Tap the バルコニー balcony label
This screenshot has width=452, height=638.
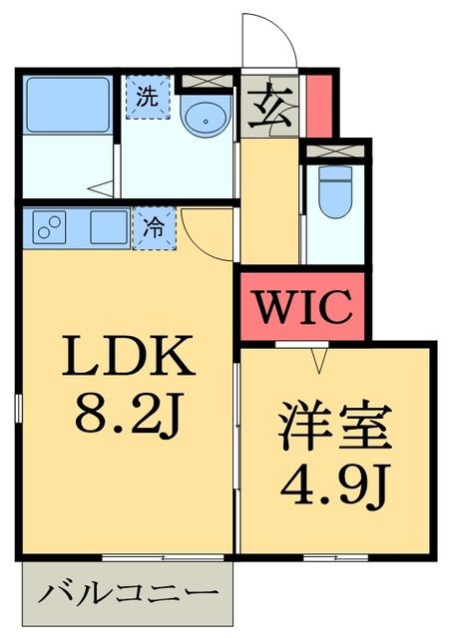pos(128,594)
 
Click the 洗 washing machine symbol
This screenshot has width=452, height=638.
pos(148,98)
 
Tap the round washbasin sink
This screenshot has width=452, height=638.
pos(208,119)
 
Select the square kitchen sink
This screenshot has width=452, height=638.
pos(107,226)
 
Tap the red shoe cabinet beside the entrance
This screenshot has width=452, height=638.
pos(317,104)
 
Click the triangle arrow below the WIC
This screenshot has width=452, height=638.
pos(320,358)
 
